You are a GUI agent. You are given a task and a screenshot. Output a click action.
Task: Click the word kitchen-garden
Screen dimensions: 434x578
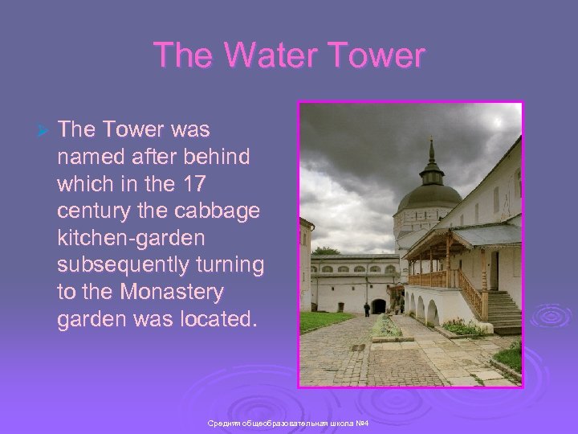tap(132, 238)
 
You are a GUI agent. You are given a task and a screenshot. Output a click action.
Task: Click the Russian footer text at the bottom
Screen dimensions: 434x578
tap(287, 424)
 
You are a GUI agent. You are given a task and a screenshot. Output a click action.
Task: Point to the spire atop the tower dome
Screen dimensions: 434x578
tap(431, 149)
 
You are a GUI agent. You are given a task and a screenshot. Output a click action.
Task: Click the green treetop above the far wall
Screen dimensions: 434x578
tap(326, 251)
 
